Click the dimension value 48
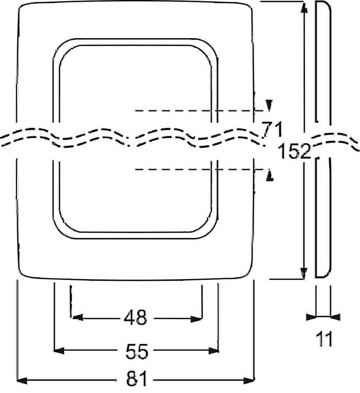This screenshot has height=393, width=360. point(135,317)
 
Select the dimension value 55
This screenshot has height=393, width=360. point(137,351)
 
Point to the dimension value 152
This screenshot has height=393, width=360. point(294,151)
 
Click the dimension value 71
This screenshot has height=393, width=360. point(273,130)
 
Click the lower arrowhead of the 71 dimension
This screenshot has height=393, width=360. point(270,176)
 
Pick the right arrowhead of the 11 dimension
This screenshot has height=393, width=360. point(335,317)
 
